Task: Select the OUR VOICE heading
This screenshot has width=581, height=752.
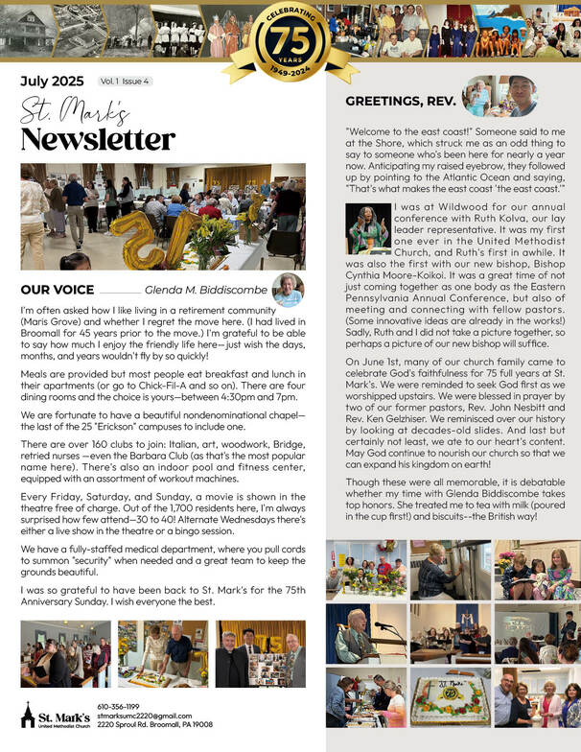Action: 58,289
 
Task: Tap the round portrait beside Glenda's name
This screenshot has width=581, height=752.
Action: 288,288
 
